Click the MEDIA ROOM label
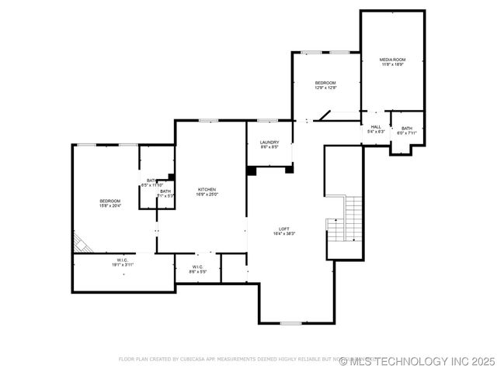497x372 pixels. click(x=392, y=60)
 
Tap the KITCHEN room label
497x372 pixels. click(x=207, y=189)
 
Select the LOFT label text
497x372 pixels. click(x=285, y=228)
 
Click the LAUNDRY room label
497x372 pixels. click(x=269, y=142)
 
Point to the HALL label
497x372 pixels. click(x=376, y=126)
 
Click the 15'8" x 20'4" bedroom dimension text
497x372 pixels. click(x=109, y=205)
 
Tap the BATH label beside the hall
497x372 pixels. click(x=407, y=128)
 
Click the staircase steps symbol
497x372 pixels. click(x=353, y=217)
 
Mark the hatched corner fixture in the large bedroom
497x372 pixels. click(x=82, y=243)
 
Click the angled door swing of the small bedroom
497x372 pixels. click(x=322, y=116)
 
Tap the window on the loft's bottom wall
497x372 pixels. click(x=290, y=322)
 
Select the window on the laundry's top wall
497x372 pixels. click(x=268, y=120)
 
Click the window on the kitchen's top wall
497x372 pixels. click(x=207, y=120)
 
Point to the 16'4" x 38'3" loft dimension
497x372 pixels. click(x=285, y=233)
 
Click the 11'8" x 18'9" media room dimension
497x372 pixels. click(x=392, y=65)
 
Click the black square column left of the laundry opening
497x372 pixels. click(x=252, y=170)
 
